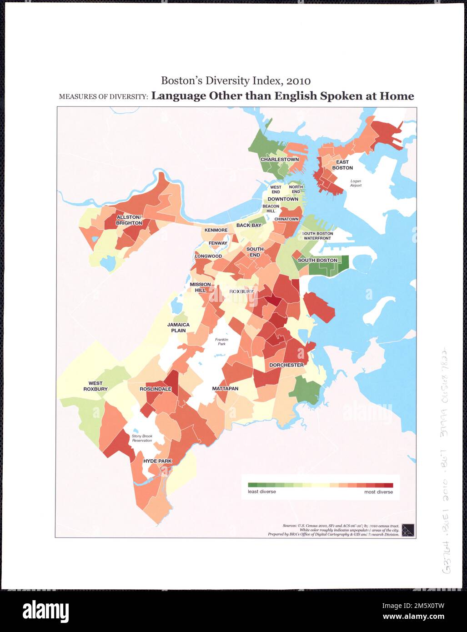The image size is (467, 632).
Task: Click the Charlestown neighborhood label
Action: [x=279, y=160]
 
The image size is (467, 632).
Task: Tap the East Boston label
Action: [x=342, y=165]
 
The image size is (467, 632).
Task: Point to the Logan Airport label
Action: [x=356, y=183]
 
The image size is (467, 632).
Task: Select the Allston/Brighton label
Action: [x=129, y=220]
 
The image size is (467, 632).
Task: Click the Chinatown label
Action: [x=286, y=219]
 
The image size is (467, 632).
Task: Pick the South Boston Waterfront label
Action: [x=317, y=236]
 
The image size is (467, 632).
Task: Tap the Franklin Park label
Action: [x=221, y=341]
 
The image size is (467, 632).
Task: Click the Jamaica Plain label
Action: [x=178, y=327]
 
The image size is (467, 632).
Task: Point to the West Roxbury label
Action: [x=95, y=386]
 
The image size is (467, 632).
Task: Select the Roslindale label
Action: [x=156, y=389]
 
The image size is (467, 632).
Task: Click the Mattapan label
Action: [x=225, y=389]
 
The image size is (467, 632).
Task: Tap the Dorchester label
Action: [x=286, y=365]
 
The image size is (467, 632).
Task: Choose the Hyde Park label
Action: [x=157, y=461]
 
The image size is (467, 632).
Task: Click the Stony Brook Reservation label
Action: [x=142, y=438]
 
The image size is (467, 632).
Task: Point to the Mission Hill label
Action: [x=200, y=287]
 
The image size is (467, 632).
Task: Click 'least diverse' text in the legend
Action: [x=261, y=492]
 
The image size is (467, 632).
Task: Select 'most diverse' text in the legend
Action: [x=378, y=492]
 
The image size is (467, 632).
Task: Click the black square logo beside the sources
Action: [x=408, y=530]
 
